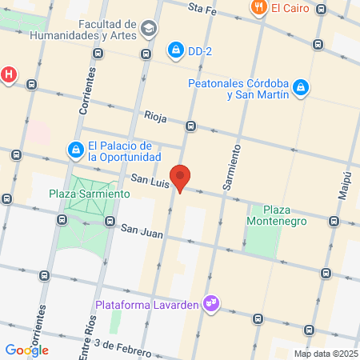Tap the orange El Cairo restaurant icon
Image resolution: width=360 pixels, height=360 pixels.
258,8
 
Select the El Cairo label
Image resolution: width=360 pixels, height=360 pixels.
286,9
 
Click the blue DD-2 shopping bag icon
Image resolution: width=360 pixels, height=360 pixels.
174,50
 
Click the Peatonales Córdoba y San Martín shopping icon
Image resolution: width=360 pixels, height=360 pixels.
300,87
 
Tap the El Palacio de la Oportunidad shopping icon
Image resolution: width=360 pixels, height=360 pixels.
75,149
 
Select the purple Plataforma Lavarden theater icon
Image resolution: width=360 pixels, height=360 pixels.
212,303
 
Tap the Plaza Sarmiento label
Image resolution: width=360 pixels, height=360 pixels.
89,194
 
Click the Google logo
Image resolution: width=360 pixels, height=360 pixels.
27,350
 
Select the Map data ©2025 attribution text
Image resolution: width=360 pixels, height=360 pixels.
325,354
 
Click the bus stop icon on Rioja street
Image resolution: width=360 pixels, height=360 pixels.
190,126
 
